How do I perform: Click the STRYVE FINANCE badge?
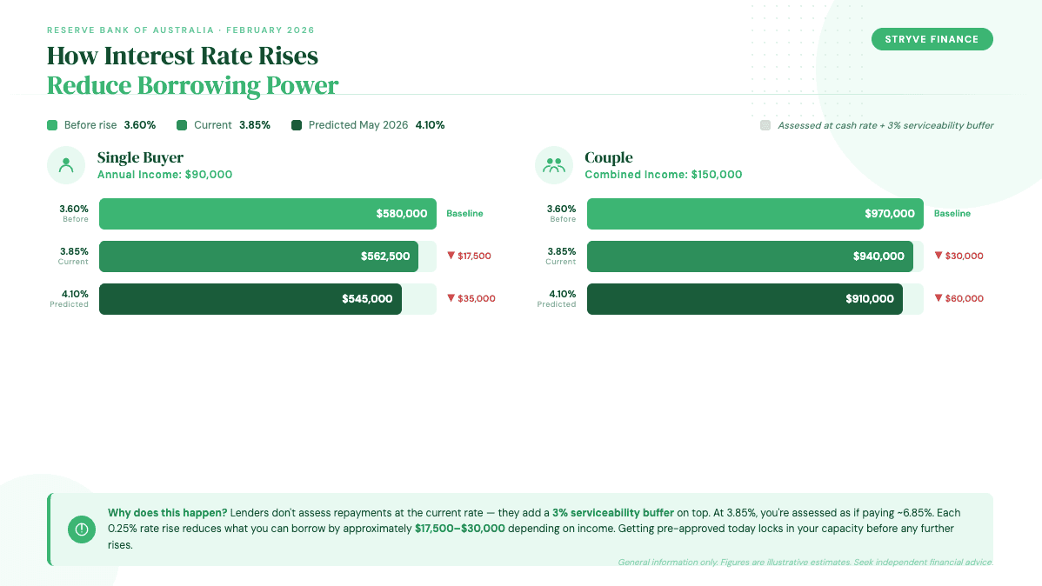pyautogui.click(x=932, y=39)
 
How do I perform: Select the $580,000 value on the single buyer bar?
pyautogui.click(x=401, y=214)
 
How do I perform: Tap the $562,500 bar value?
pyautogui.click(x=385, y=256)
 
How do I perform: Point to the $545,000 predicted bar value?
pyautogui.click(x=367, y=299)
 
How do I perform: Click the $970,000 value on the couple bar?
pyautogui.click(x=889, y=214)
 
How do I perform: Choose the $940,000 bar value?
pyautogui.click(x=878, y=256)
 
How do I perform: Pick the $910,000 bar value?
pyautogui.click(x=869, y=299)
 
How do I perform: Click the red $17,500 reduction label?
pyautogui.click(x=470, y=256)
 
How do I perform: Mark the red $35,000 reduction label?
pyautogui.click(x=471, y=299)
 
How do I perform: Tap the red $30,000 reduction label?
pyautogui.click(x=959, y=256)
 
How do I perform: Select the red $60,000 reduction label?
pyautogui.click(x=959, y=299)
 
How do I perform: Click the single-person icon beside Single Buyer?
pyautogui.click(x=66, y=165)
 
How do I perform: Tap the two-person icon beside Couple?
pyautogui.click(x=553, y=165)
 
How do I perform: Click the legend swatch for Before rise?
pyautogui.click(x=52, y=125)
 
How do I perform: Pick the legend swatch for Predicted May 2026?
pyautogui.click(x=297, y=125)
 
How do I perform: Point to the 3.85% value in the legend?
pyautogui.click(x=255, y=125)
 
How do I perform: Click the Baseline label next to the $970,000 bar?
pyautogui.click(x=952, y=214)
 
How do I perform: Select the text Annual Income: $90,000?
pyautogui.click(x=164, y=175)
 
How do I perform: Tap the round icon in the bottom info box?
pyautogui.click(x=82, y=529)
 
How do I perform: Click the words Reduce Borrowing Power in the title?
pyautogui.click(x=192, y=85)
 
